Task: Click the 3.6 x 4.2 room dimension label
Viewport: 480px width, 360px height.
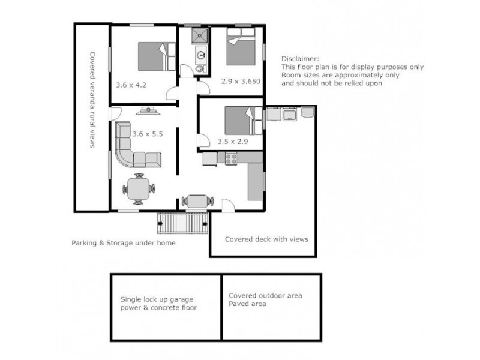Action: (x=131, y=85)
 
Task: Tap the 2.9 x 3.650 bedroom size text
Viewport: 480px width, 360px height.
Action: (x=240, y=80)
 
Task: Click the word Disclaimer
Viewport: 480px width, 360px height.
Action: (x=299, y=59)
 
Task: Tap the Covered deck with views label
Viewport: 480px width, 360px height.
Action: (x=266, y=239)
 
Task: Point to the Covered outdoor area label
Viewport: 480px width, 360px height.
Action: (x=265, y=296)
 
